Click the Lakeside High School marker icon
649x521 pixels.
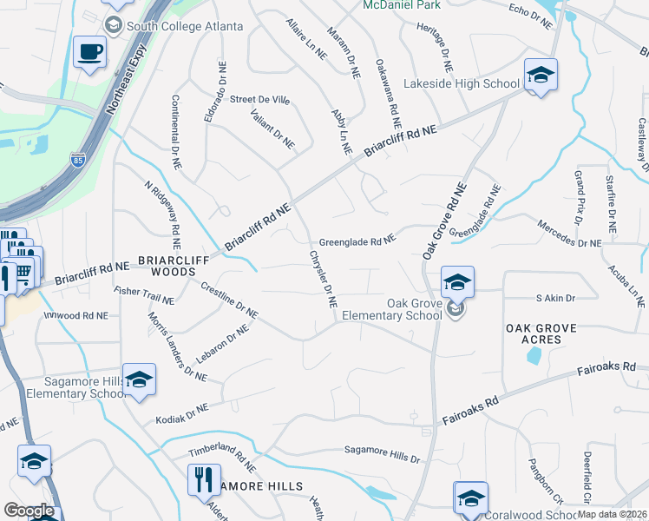point(540,76)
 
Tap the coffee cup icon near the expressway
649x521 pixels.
point(89,53)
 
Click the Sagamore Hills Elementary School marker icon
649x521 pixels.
point(139,380)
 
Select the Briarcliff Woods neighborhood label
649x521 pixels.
point(155,266)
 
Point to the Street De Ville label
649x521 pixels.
point(259,100)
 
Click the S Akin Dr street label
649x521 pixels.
point(555,298)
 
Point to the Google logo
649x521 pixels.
point(29,511)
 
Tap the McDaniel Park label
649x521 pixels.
point(401,5)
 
